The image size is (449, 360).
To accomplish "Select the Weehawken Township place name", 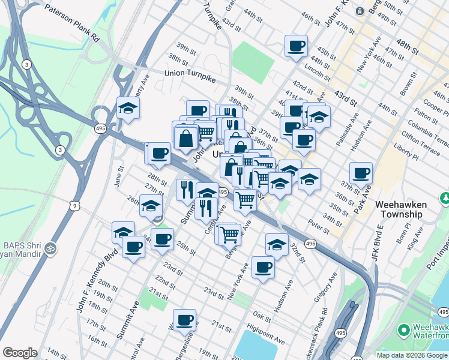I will [x=401, y=209].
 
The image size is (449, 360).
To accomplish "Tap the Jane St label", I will [x=118, y=178].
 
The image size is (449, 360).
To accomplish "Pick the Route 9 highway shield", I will [x=74, y=206].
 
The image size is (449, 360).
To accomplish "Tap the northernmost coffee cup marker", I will [x=296, y=46].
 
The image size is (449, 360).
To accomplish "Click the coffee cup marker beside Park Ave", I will [x=361, y=173].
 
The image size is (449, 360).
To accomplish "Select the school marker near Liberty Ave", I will [x=128, y=108].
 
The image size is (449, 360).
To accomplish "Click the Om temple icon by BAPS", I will [x=51, y=247].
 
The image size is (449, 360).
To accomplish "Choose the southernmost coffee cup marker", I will [x=184, y=320].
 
